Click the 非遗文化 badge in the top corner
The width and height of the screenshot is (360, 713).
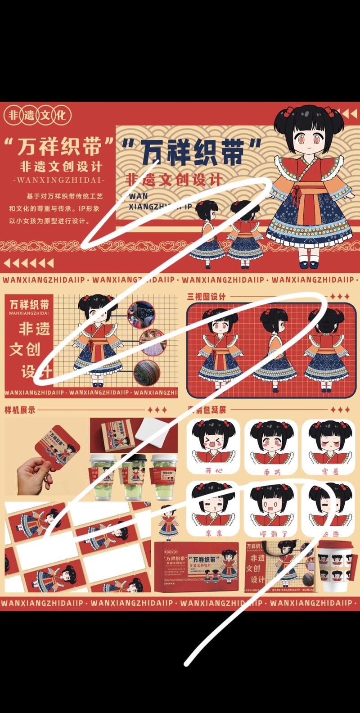tap(37, 115)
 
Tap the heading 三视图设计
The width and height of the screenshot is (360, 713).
tap(206, 297)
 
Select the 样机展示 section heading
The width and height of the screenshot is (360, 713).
tap(20, 410)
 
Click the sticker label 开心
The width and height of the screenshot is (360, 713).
tap(214, 471)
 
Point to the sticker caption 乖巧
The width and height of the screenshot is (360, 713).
tap(271, 472)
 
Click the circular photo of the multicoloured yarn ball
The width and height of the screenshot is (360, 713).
tap(146, 371)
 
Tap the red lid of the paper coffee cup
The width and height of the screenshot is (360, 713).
tap(336, 547)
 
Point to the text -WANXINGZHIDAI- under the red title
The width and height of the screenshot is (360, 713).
tap(58, 180)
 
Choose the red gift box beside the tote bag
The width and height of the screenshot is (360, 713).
tap(196, 567)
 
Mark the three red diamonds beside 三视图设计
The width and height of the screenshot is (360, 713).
tap(340, 297)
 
